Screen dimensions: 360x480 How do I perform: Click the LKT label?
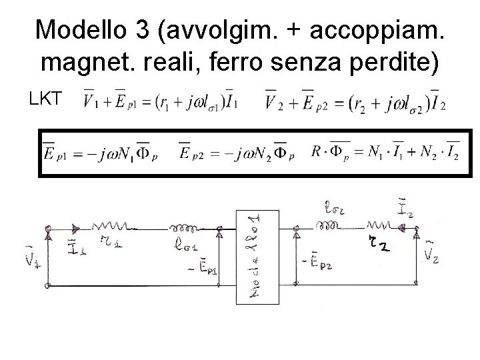[45, 100]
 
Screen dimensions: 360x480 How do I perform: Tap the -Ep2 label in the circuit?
[313, 261]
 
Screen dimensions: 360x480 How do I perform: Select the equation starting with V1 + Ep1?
[161, 101]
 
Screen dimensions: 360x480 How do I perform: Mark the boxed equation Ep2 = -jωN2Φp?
[233, 153]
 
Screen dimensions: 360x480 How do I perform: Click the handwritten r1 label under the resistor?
[112, 245]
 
